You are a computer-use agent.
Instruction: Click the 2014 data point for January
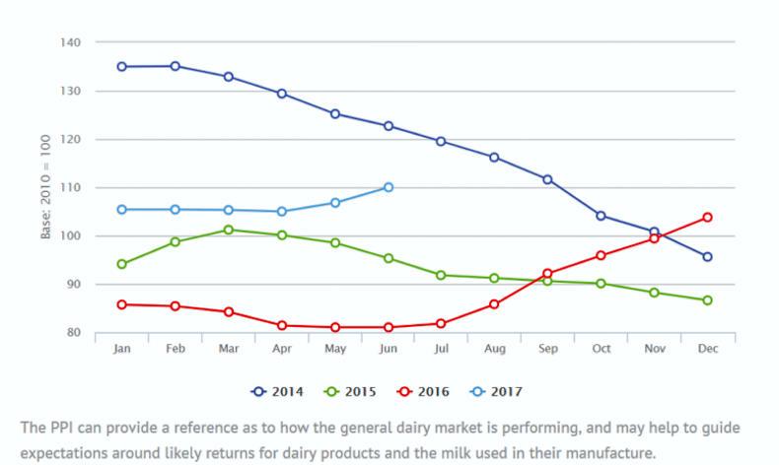[121, 67]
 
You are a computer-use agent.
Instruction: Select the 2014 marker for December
[707, 257]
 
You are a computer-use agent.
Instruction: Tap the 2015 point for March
[228, 230]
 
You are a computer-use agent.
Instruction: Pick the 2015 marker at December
[707, 300]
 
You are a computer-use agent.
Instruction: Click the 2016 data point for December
[707, 217]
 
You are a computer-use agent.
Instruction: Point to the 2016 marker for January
[121, 304]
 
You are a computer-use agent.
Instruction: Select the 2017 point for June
[388, 187]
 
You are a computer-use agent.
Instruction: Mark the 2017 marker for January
[121, 210]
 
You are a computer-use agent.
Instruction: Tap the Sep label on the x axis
[547, 350]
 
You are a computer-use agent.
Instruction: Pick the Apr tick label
[281, 350]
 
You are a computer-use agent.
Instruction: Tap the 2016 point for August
[494, 304]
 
